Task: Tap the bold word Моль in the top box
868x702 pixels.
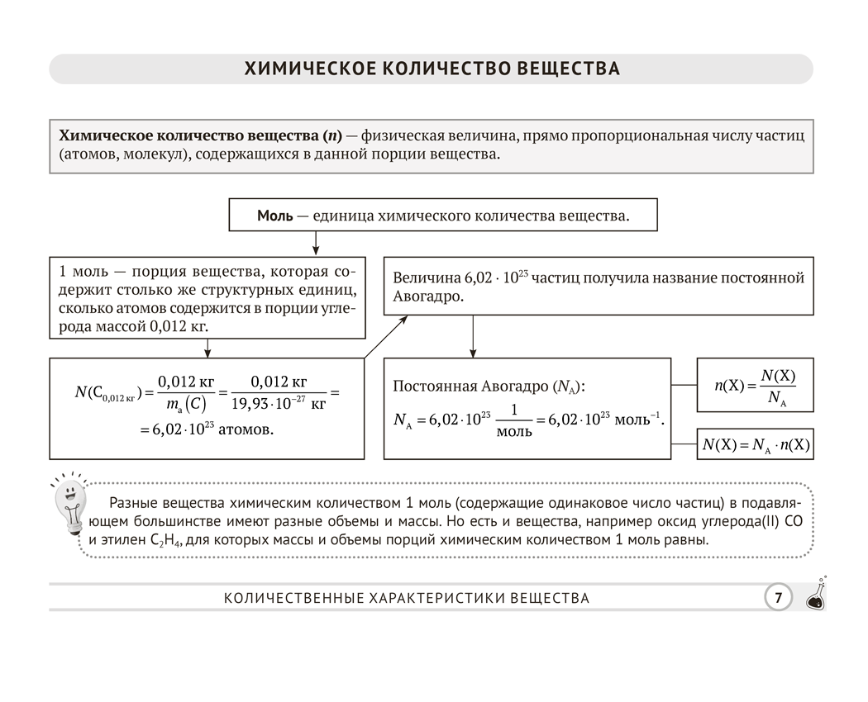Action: [274, 216]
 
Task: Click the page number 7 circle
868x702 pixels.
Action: [777, 597]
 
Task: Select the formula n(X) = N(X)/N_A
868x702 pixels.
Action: [755, 385]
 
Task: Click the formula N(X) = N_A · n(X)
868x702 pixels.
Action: [756, 445]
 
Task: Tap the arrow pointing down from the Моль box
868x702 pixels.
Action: [315, 243]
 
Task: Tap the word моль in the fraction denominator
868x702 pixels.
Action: [514, 433]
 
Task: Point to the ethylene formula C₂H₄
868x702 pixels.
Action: [166, 542]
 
